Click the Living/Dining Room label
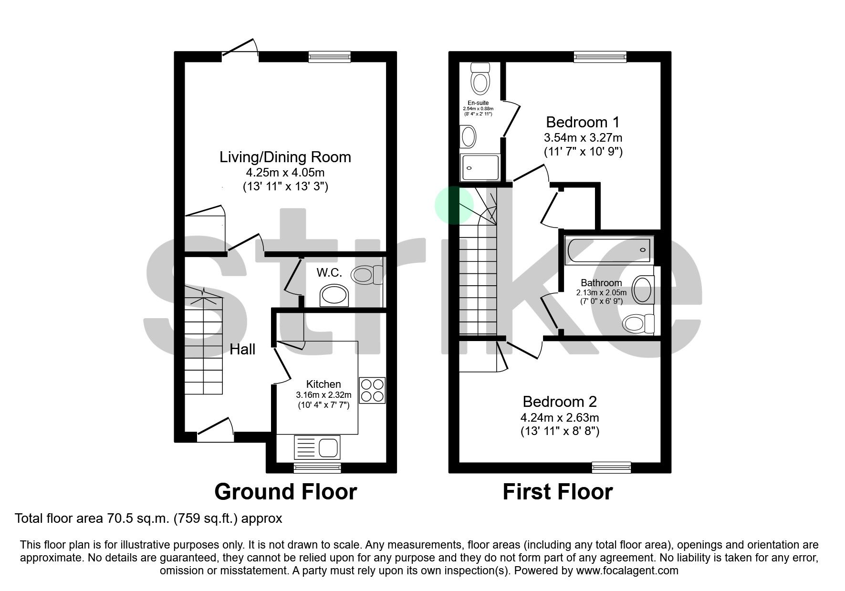point(285,157)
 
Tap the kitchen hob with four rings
point(372,391)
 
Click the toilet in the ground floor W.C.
point(366,275)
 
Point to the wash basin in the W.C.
point(334,296)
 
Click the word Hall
point(242,350)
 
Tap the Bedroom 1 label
point(582,122)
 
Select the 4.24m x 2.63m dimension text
point(559,417)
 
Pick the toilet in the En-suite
point(480,79)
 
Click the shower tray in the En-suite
point(480,167)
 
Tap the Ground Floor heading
point(285,492)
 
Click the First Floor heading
point(557,492)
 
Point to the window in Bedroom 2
point(611,467)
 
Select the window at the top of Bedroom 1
point(600,57)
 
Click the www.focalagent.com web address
point(627,570)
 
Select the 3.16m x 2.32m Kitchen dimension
point(323,395)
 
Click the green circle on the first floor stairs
point(454,205)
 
